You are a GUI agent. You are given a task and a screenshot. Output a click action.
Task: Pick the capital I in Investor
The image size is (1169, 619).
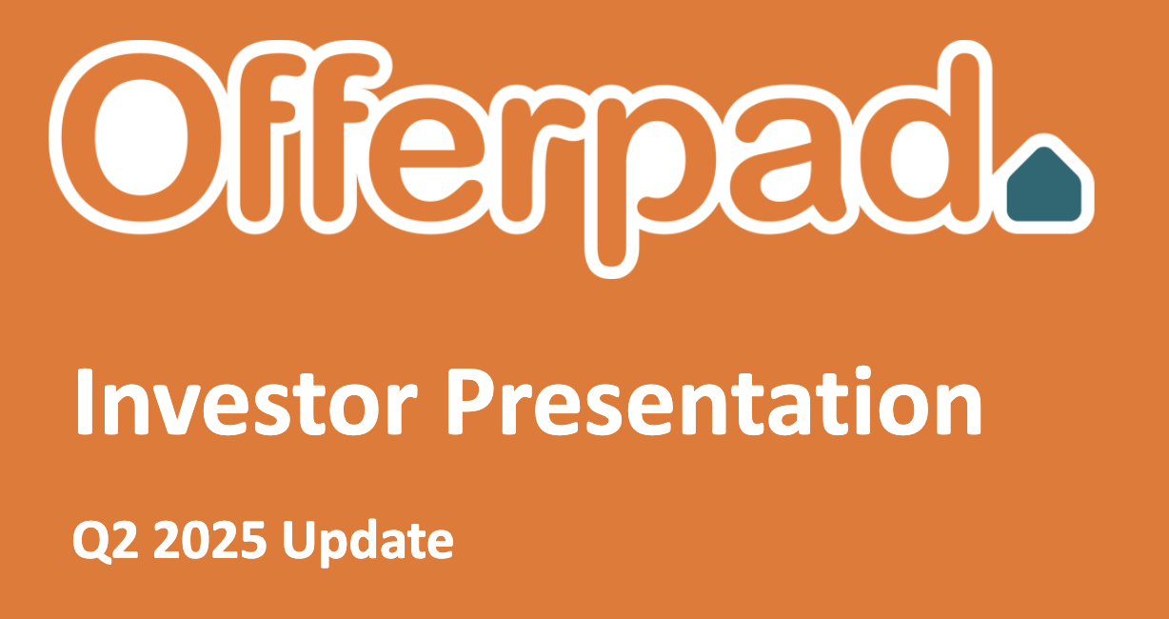[x=84, y=401]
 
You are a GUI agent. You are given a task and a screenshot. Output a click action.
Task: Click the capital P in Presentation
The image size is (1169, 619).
[x=475, y=401]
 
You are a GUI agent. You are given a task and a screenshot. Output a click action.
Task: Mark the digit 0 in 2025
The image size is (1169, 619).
[x=192, y=540]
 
